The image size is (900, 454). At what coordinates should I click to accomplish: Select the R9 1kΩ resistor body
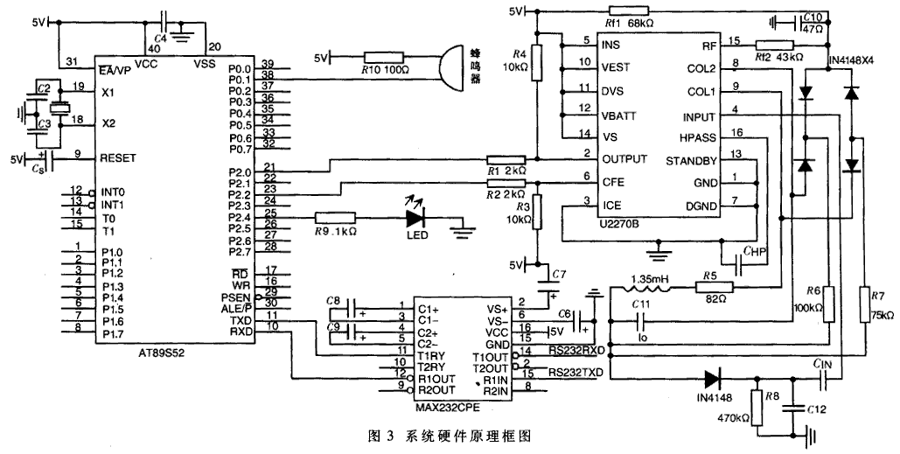click(x=335, y=216)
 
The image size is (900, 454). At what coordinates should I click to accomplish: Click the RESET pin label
click(x=120, y=158)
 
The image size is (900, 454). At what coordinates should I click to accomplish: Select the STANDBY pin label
click(x=691, y=160)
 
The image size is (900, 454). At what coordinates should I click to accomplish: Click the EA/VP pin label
click(x=119, y=69)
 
